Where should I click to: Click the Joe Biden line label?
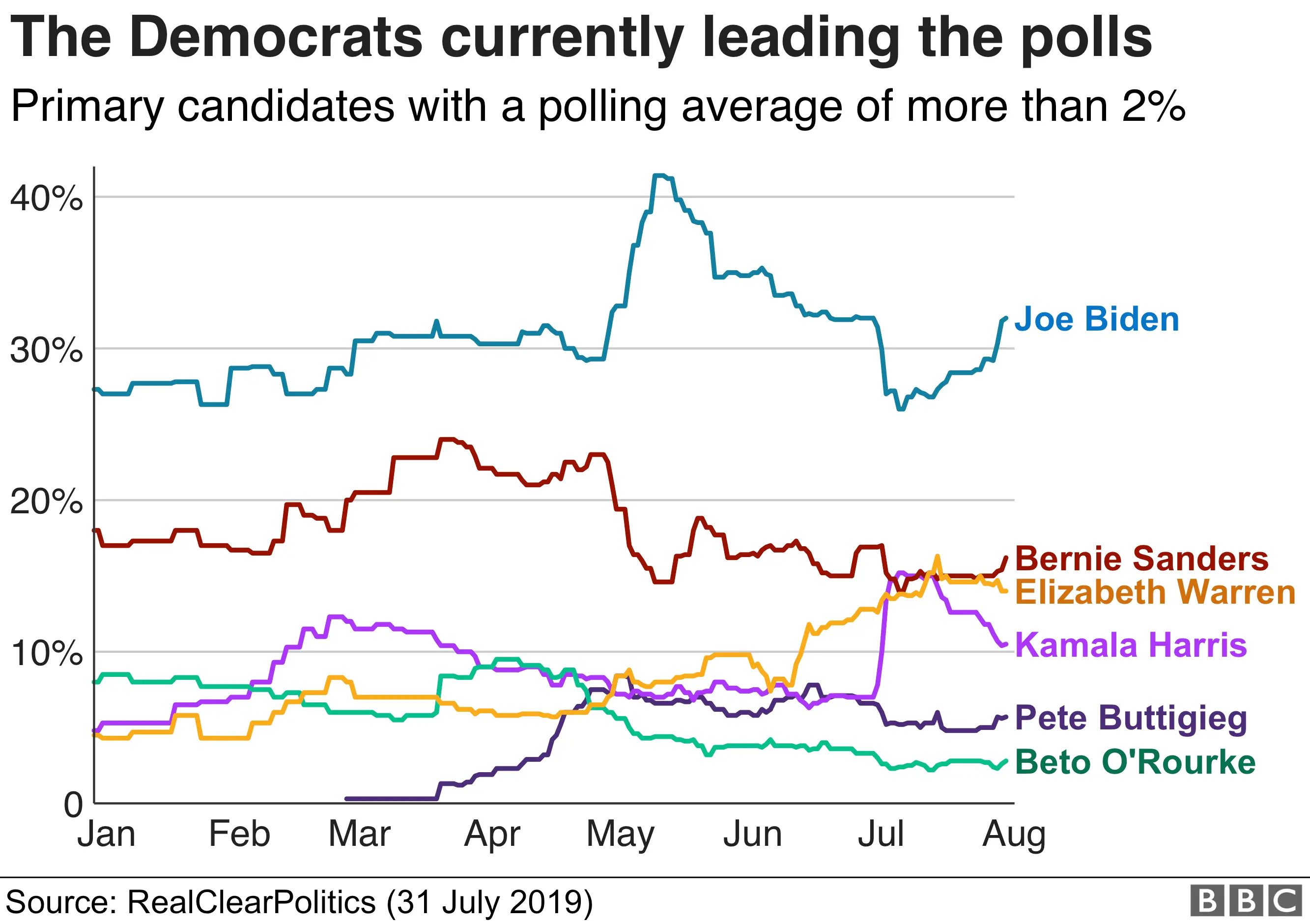(1096, 319)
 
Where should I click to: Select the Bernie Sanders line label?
(1141, 558)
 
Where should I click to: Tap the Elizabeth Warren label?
(1155, 592)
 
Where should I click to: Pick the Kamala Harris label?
(1131, 645)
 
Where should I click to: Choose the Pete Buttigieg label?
(1131, 718)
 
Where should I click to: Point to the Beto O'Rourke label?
(1135, 762)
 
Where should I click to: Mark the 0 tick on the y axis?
(74, 805)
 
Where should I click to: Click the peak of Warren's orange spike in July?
(937, 556)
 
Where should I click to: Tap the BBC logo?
(1246, 900)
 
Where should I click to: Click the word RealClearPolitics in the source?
(251, 902)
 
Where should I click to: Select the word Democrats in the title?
(276, 38)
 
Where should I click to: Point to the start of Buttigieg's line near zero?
(347, 798)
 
